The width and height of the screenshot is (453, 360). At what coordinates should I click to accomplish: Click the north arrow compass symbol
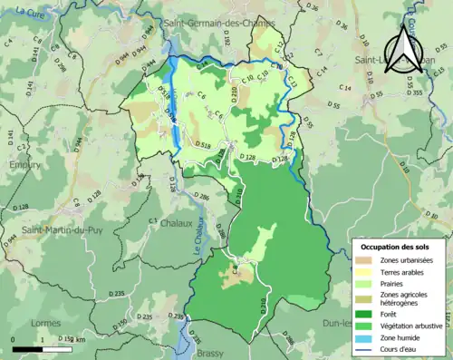[x=405, y=44]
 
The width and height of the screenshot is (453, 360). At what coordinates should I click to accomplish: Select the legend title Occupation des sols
[x=397, y=247]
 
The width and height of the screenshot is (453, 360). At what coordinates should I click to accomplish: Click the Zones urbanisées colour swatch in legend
[x=364, y=261]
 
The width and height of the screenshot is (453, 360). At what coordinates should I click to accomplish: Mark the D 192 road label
[x=227, y=40]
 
